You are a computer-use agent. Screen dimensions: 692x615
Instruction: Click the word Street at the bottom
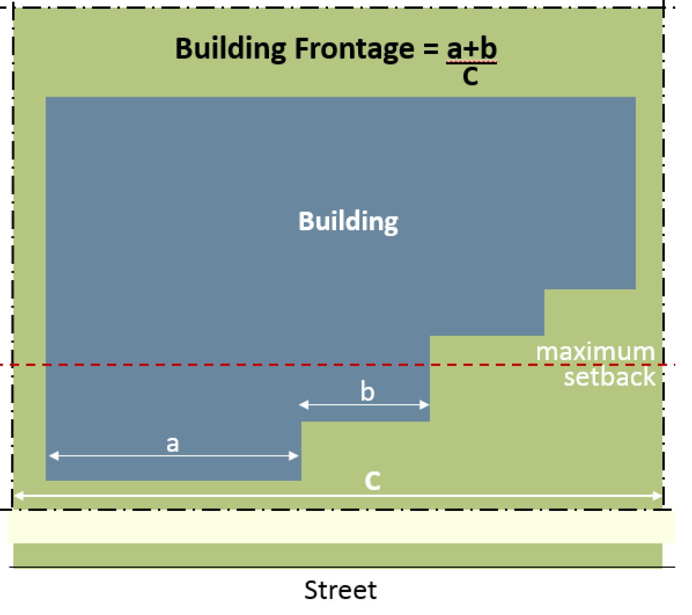coord(340,590)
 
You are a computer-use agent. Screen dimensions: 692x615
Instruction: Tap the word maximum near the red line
coord(595,352)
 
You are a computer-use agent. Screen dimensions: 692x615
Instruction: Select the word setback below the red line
coord(609,377)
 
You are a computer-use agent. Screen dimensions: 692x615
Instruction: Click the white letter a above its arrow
coord(173,444)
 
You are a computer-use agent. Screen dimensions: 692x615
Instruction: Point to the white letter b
coord(367,392)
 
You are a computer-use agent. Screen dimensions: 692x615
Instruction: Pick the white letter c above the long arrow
coord(372,481)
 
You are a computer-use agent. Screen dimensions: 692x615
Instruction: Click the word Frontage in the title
coord(354,49)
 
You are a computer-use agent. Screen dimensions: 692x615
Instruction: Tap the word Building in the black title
coord(230,48)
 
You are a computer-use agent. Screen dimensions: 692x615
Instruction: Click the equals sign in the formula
coord(430,49)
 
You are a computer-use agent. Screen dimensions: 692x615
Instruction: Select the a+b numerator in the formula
coord(471,48)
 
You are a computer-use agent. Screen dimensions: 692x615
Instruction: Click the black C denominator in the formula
coord(471,77)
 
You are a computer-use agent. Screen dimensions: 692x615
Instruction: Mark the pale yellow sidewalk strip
coord(341,527)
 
